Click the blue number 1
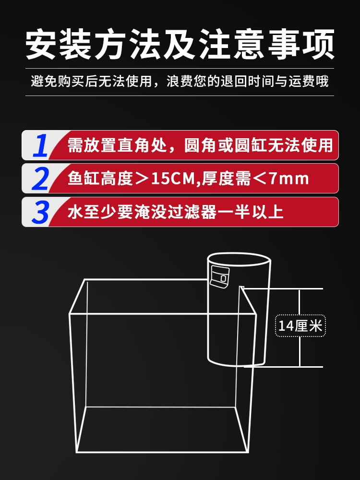click(40, 145)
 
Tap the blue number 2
click(40, 179)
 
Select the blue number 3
click(40, 212)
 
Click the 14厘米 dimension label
click(300, 326)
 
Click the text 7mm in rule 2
click(288, 179)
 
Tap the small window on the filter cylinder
click(219, 277)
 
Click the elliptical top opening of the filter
click(239, 259)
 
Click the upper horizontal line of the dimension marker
click(282, 288)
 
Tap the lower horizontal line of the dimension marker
click(284, 366)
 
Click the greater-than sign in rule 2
click(142, 179)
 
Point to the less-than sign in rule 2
click(260, 179)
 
